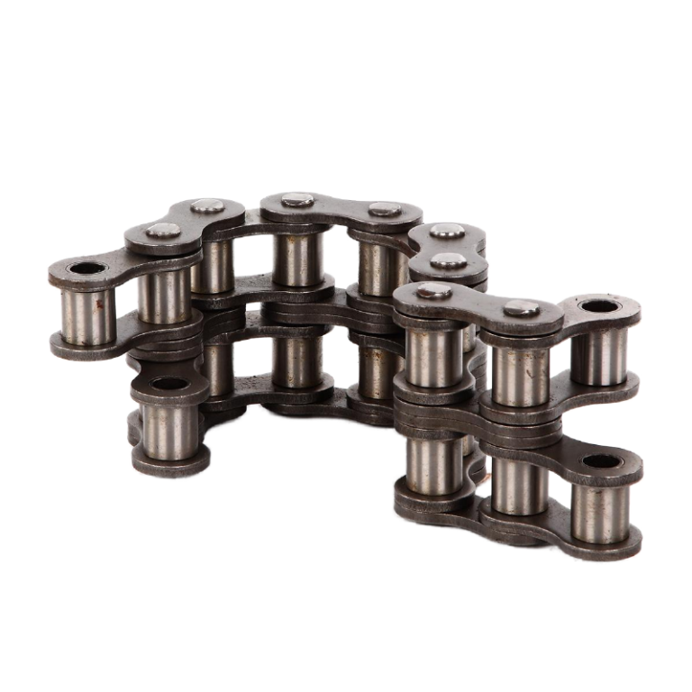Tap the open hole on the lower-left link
(x=165, y=387)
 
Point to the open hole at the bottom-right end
(x=600, y=464)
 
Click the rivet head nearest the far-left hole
(x=163, y=232)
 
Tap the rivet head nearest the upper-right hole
(x=521, y=308)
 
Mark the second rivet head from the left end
(x=209, y=205)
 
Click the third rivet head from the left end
(x=296, y=200)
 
